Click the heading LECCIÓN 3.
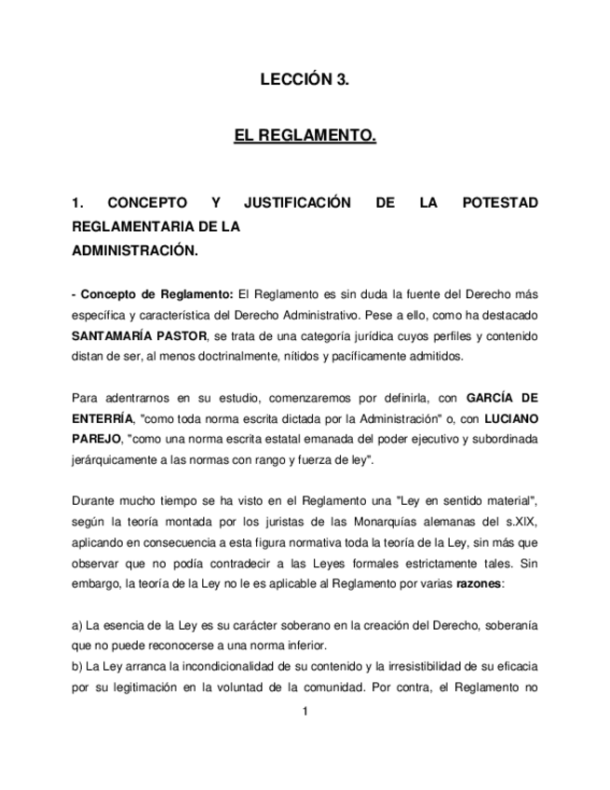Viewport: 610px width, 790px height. tap(305, 80)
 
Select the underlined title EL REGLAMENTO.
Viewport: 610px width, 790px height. tap(305, 136)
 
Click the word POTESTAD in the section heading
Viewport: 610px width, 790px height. tap(500, 203)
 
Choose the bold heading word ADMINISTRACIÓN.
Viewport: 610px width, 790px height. tap(134, 250)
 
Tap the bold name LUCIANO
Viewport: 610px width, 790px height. tap(508, 418)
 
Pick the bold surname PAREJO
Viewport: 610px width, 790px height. tap(96, 439)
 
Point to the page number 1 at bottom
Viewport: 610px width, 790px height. tap(305, 712)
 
